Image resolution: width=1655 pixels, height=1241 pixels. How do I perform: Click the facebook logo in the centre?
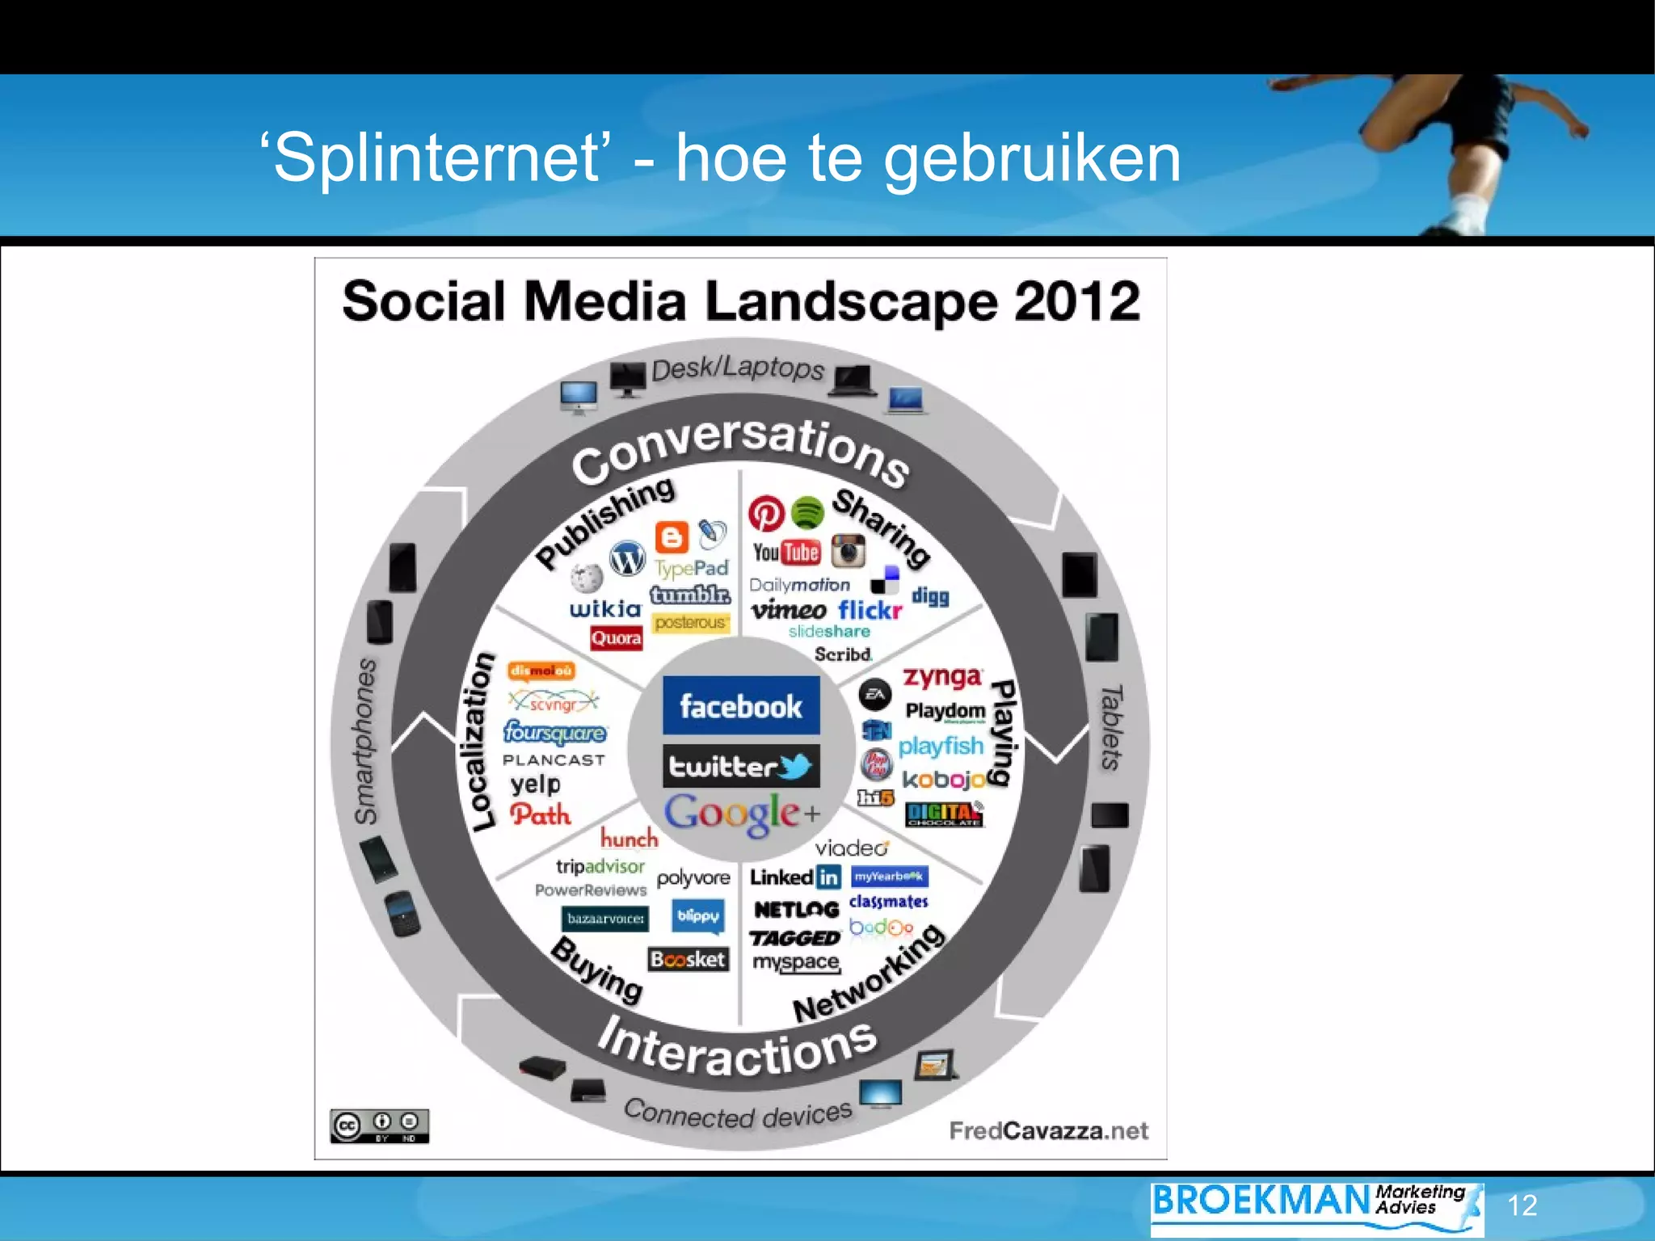click(741, 705)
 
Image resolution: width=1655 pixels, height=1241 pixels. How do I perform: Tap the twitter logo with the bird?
click(741, 765)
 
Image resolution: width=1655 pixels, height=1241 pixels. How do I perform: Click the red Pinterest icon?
click(766, 513)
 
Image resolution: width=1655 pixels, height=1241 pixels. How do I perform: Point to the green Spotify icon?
click(806, 512)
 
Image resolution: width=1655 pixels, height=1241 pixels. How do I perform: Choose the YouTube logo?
click(785, 553)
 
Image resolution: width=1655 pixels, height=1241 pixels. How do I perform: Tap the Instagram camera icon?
click(848, 551)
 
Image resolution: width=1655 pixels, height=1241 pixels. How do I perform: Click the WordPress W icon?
click(627, 558)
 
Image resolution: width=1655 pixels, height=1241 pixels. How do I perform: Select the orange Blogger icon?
click(672, 537)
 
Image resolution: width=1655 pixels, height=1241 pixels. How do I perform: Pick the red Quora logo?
click(616, 638)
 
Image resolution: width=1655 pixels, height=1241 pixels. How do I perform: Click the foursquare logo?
click(554, 733)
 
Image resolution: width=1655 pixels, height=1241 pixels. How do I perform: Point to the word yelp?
click(535, 784)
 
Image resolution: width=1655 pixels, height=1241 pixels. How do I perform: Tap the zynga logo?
click(942, 677)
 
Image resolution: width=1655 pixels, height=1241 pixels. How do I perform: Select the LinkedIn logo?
click(795, 877)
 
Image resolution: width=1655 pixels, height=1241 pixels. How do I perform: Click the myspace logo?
click(796, 962)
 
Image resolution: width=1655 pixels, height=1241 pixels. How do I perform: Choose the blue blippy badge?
click(698, 916)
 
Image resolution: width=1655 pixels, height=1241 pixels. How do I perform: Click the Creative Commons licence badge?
click(379, 1125)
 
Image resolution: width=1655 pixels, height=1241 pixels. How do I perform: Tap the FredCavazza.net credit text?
click(1048, 1130)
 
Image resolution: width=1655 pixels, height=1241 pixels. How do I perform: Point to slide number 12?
click(1522, 1205)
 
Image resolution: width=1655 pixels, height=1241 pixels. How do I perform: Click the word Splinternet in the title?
click(436, 158)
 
